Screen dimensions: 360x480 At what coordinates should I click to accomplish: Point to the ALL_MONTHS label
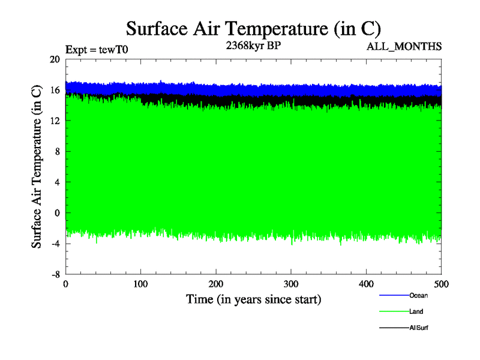(x=404, y=46)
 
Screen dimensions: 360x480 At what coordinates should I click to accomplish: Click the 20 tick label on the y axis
(x=55, y=59)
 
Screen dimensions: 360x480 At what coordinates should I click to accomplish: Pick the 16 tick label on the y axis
(x=55, y=90)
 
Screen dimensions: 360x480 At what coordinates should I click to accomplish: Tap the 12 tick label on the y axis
(x=55, y=121)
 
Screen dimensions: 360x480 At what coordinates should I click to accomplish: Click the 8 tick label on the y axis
(x=57, y=151)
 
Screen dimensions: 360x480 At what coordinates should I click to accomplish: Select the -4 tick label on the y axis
(x=55, y=243)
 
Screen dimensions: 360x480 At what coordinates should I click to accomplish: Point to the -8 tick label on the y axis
(x=55, y=274)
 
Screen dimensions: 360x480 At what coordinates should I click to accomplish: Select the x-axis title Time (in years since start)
(x=253, y=299)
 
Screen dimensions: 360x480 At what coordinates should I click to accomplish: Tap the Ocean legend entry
(x=418, y=295)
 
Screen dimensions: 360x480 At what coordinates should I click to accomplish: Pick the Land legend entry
(x=416, y=311)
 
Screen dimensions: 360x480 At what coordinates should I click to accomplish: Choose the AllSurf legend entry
(x=419, y=328)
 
